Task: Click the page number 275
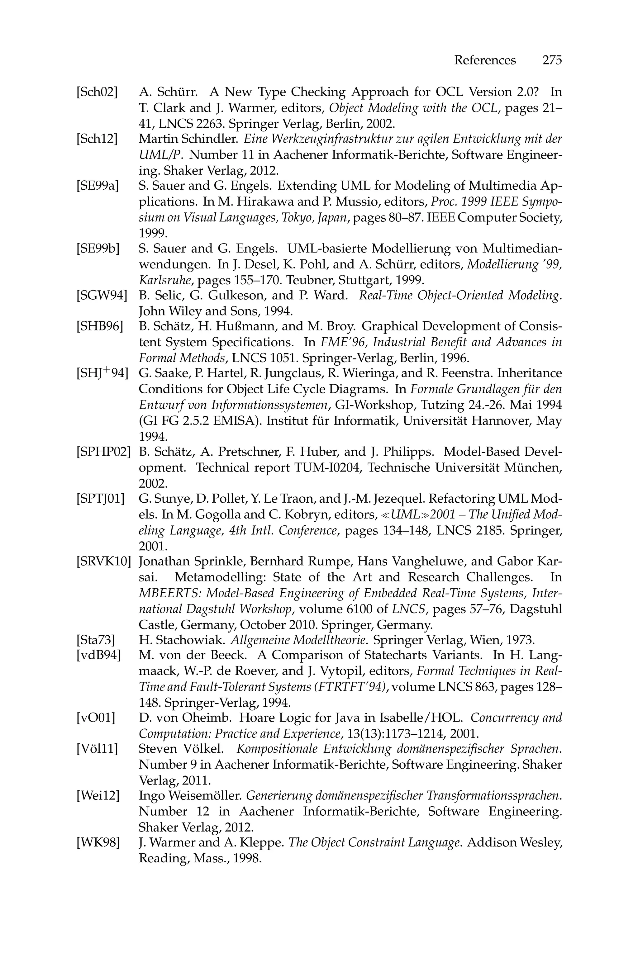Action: pyautogui.click(x=552, y=60)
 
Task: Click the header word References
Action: pyautogui.click(x=485, y=60)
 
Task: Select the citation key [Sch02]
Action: pyautogui.click(x=97, y=92)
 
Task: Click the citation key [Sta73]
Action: pyautogui.click(x=96, y=640)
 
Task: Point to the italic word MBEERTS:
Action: pyautogui.click(x=171, y=593)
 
